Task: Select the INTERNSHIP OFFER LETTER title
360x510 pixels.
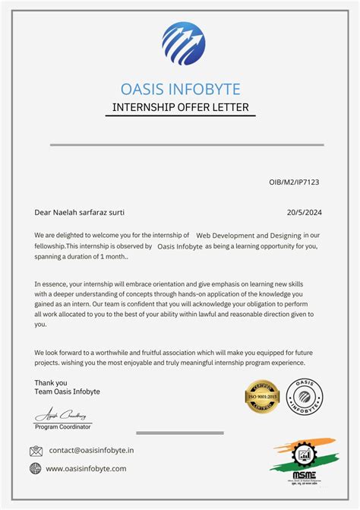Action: [x=180, y=107]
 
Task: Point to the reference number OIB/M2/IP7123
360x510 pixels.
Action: [x=295, y=182]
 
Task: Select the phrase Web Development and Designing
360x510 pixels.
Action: [x=248, y=236]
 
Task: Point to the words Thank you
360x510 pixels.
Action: [x=51, y=382]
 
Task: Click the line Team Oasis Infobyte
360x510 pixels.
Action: [x=68, y=391]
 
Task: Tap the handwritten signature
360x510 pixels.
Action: [x=62, y=416]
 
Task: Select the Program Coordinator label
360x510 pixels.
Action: [x=63, y=427]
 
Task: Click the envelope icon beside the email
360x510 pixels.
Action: [x=36, y=451]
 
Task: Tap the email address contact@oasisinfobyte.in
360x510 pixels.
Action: [x=91, y=451]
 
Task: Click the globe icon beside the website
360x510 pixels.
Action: [x=36, y=469]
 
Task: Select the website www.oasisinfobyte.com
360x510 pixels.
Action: [x=86, y=469]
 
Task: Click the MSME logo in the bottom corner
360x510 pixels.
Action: [x=302, y=462]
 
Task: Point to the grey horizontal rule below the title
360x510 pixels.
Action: [x=187, y=144]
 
